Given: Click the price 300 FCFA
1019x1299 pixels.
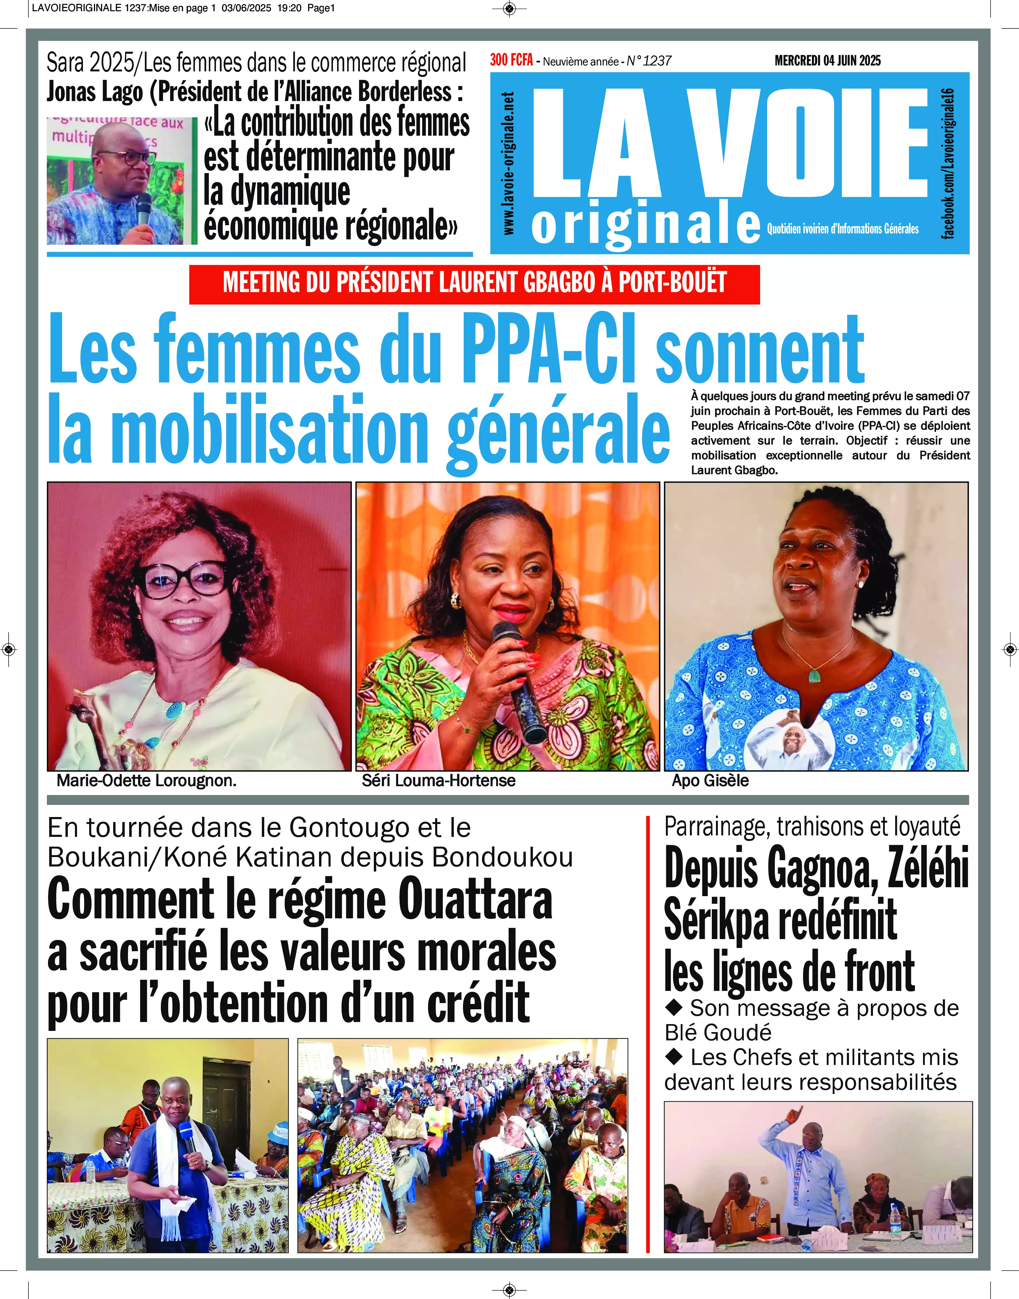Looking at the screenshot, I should (511, 60).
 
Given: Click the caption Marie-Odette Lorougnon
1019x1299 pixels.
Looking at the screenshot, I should (147, 781).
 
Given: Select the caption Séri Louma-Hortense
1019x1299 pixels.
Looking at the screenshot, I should (438, 781).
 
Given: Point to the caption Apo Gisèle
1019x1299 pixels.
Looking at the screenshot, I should (710, 781).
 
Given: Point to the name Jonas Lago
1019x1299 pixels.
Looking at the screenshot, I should (95, 92).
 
